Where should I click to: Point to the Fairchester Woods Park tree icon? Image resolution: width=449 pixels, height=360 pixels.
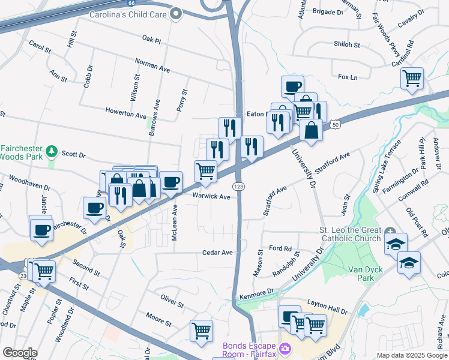click(x=52, y=150)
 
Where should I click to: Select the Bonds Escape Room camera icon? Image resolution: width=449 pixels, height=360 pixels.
click(x=285, y=348)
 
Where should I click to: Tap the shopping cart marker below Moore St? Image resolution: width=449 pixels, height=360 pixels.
click(x=201, y=330)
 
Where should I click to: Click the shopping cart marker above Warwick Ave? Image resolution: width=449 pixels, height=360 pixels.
click(x=205, y=171)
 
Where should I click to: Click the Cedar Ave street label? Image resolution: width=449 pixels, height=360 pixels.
click(x=217, y=253)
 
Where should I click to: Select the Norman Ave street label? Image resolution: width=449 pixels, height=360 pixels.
click(x=152, y=64)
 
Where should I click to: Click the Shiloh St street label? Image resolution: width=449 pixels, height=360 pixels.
click(x=348, y=45)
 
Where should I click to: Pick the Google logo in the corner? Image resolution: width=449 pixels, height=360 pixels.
click(x=20, y=352)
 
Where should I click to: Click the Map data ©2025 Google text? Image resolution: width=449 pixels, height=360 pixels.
click(x=411, y=355)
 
